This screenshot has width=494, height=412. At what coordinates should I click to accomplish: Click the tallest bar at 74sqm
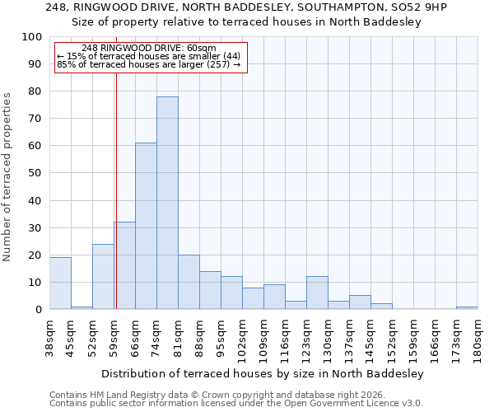click(167, 203)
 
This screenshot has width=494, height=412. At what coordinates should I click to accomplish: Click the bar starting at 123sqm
click(317, 293)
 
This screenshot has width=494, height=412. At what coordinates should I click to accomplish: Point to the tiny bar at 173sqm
click(467, 307)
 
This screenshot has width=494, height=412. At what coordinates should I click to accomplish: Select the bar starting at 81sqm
click(189, 282)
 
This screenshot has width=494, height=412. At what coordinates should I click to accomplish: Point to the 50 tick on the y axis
click(35, 173)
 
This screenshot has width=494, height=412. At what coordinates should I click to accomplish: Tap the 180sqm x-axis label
click(478, 338)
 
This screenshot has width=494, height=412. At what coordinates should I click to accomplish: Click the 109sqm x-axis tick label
click(263, 338)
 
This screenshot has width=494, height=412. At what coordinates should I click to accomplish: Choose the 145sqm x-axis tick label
click(370, 338)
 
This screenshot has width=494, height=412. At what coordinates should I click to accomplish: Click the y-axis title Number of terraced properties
click(8, 176)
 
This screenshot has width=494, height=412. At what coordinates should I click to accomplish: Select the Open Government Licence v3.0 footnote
click(236, 404)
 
